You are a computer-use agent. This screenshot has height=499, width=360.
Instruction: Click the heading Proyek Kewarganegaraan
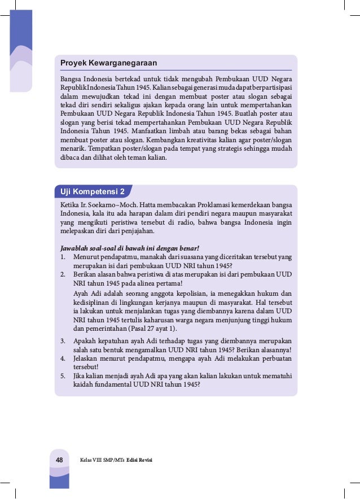[x=109, y=63]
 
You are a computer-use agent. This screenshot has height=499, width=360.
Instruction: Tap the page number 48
[x=58, y=460]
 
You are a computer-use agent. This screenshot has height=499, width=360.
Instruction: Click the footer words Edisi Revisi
[x=140, y=461]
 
